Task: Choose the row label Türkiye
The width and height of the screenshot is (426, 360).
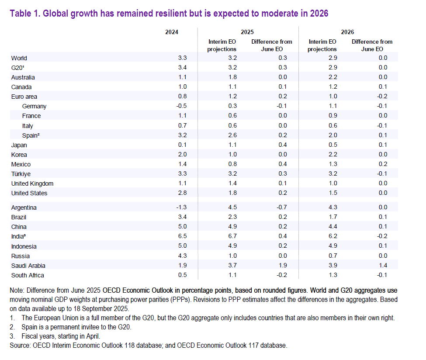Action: tap(21, 174)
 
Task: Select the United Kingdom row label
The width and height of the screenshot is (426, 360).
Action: tap(32, 183)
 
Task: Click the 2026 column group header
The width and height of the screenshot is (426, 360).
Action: tap(347, 32)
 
